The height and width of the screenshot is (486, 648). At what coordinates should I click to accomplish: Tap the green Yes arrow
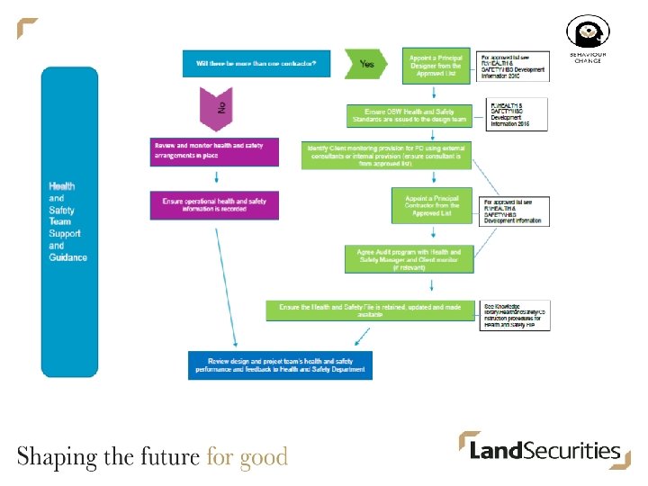click(x=366, y=64)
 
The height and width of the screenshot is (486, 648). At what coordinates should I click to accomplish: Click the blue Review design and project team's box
click(x=280, y=364)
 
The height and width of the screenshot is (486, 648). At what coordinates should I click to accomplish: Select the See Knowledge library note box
click(x=515, y=315)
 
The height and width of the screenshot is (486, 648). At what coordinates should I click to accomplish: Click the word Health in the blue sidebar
click(x=62, y=186)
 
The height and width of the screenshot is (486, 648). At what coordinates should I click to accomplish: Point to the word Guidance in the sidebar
click(x=68, y=257)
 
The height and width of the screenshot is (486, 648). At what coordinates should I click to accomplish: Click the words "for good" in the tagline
click(x=247, y=456)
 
